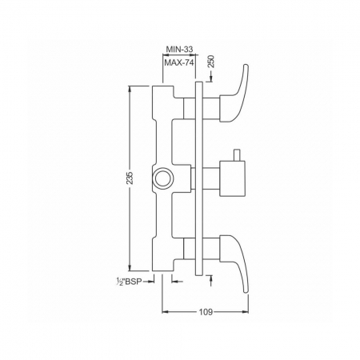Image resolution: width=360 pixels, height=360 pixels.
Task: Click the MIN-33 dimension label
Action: [x=179, y=49]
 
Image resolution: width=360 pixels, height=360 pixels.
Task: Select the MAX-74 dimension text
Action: [x=178, y=63]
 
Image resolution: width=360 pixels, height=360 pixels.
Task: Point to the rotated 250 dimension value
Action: [x=211, y=62]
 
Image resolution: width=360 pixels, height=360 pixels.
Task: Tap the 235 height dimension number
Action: [x=130, y=178]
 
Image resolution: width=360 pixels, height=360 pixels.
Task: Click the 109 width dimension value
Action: [x=206, y=312]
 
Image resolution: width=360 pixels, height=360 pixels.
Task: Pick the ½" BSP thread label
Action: [x=128, y=282]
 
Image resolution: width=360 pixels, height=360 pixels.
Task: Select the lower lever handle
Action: [x=234, y=264]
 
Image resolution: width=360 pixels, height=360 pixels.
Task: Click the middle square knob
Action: [x=232, y=178]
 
